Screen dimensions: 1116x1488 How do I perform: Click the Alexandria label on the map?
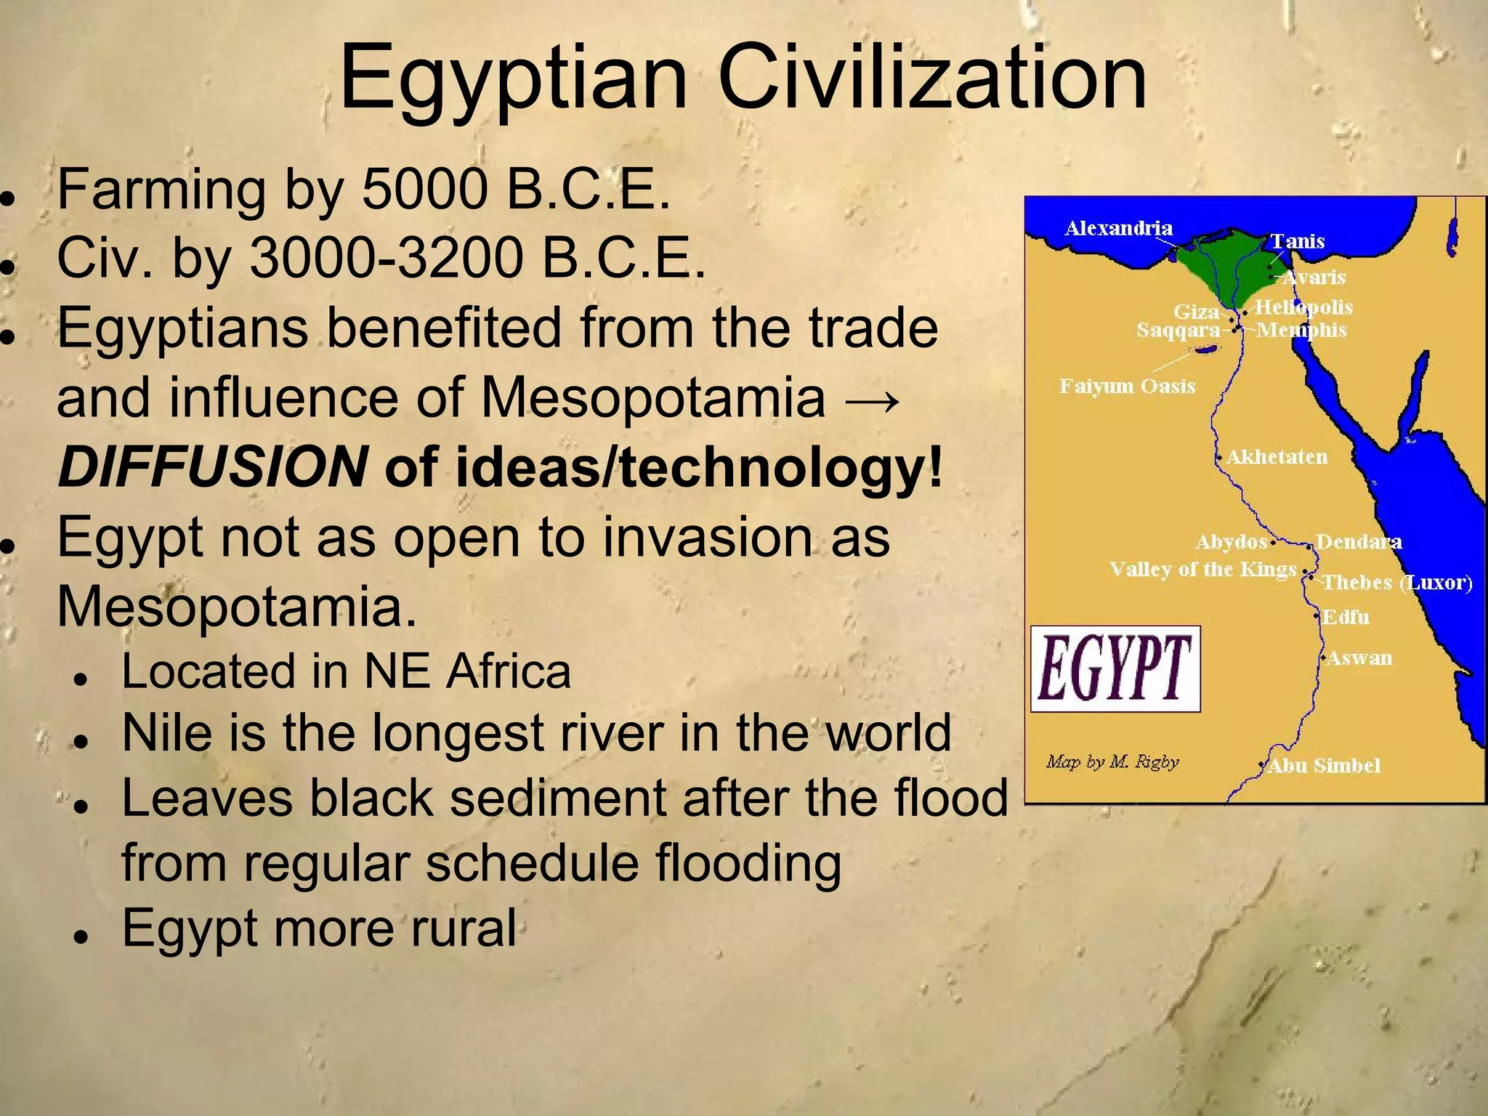(x=1118, y=228)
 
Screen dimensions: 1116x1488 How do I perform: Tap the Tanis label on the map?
(x=1298, y=241)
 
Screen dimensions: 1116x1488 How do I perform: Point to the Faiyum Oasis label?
(x=1127, y=386)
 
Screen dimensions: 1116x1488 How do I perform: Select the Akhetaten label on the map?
(x=1277, y=457)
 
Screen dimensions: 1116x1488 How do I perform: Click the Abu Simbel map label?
(x=1323, y=765)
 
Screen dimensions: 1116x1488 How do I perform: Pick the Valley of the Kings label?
(x=1202, y=569)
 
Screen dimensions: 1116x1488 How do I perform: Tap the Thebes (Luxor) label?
(x=1396, y=583)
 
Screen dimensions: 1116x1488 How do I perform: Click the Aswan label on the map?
(x=1359, y=658)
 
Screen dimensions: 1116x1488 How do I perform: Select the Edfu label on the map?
(x=1346, y=618)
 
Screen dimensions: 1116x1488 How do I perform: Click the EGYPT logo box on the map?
(x=1115, y=668)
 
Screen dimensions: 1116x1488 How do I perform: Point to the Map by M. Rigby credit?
(x=1112, y=762)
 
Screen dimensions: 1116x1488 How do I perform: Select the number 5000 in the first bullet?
(x=424, y=190)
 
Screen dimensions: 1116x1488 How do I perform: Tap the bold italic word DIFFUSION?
(x=212, y=466)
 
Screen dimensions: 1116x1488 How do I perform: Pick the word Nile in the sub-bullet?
(x=165, y=732)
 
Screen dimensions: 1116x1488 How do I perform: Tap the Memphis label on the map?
(x=1301, y=330)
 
